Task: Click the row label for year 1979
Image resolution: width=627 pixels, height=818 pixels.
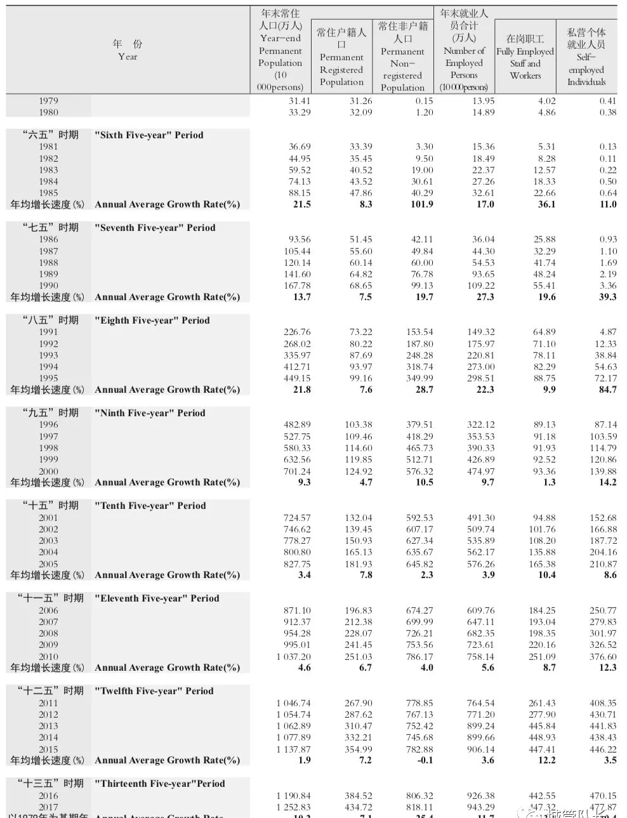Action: pos(48,101)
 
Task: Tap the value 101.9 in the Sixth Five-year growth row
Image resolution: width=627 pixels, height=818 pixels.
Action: pos(421,204)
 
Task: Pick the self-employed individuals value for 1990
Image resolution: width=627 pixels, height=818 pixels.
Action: pos(607,286)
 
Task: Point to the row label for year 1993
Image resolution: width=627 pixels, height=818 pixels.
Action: pos(48,355)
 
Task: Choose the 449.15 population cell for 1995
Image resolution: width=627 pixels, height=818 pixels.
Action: pos(296,378)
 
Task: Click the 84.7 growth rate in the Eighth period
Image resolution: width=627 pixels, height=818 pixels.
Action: pos(607,390)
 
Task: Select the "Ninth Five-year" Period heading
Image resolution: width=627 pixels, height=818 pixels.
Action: pos(150,413)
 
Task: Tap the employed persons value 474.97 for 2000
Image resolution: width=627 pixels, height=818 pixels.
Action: pos(480,472)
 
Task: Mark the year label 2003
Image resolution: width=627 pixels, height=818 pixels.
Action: pos(48,541)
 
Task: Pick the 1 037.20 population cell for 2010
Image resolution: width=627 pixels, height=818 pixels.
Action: pos(293,657)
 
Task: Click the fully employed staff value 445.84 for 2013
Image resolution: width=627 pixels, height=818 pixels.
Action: pos(542,726)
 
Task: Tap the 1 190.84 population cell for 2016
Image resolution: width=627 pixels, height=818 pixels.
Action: pos(293,796)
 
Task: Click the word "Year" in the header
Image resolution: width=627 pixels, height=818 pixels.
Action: pos(128,56)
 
